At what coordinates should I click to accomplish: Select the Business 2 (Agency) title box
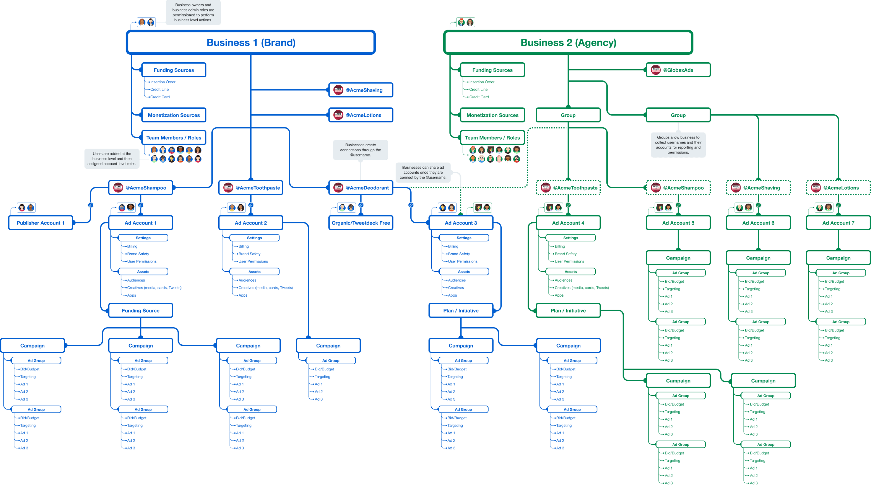click(x=568, y=43)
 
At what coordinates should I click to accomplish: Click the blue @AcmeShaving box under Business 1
click(x=361, y=90)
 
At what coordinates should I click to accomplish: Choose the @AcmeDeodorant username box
click(x=361, y=188)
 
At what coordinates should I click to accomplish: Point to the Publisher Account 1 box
click(x=40, y=223)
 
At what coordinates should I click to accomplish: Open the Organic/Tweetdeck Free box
click(x=361, y=223)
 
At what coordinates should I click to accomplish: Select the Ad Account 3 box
click(x=461, y=223)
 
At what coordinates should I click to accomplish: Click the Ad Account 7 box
click(x=838, y=223)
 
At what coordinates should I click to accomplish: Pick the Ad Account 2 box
click(x=250, y=223)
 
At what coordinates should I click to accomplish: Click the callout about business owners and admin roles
click(x=193, y=13)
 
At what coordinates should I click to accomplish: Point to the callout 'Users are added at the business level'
click(x=112, y=159)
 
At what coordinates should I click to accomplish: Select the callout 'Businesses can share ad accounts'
click(x=423, y=173)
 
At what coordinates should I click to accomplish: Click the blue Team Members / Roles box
click(x=174, y=138)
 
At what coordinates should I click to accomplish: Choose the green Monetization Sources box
click(x=492, y=115)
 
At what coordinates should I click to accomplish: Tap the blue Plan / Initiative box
click(x=461, y=311)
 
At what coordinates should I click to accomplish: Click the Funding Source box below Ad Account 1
click(x=141, y=311)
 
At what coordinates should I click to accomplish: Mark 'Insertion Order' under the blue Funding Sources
click(x=163, y=82)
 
